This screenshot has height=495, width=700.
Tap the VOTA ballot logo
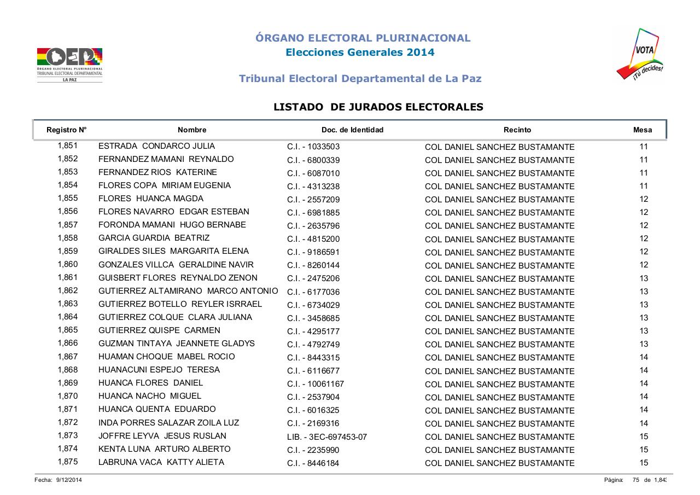click(x=640, y=55)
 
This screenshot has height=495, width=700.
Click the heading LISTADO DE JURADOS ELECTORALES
click(x=378, y=107)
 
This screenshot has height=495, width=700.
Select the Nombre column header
click(x=192, y=130)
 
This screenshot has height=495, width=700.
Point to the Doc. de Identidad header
click(x=352, y=130)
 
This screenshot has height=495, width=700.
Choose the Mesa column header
click(x=643, y=130)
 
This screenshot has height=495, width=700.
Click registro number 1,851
click(x=68, y=146)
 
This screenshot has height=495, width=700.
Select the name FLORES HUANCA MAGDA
click(x=151, y=199)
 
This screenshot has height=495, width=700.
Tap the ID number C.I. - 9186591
click(x=313, y=252)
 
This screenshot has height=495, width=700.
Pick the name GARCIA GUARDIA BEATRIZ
click(x=154, y=238)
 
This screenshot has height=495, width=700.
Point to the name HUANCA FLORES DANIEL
click(x=150, y=383)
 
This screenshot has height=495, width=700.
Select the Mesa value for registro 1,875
click(x=644, y=463)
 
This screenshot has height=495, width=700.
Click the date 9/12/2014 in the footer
click(x=69, y=480)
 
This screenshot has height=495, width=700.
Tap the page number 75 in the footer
click(x=636, y=480)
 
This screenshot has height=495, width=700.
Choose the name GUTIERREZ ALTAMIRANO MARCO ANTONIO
click(x=188, y=291)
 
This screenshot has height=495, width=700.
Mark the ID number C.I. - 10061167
click(x=316, y=384)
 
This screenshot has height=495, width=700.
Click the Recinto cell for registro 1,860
click(x=499, y=265)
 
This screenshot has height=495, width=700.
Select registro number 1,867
click(x=68, y=357)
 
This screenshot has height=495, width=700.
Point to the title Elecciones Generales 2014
click(x=360, y=53)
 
